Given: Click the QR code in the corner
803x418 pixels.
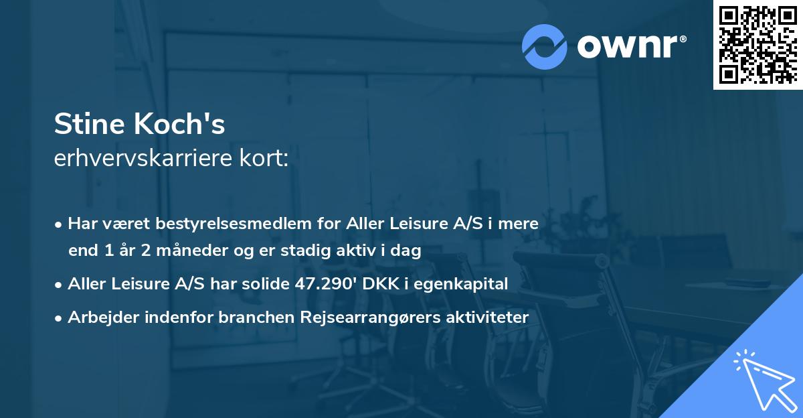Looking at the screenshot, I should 757,44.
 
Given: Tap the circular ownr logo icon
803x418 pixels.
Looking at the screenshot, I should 545,46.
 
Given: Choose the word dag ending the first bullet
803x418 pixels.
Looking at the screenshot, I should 407,252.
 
